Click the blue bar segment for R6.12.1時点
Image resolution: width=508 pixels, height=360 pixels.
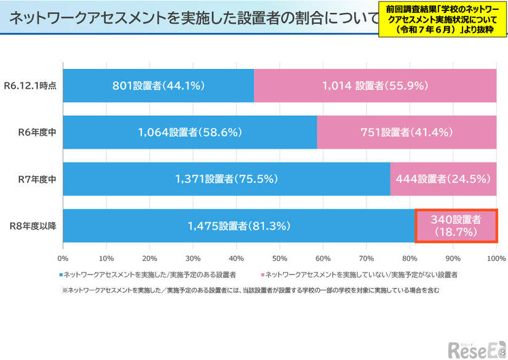click(158, 86)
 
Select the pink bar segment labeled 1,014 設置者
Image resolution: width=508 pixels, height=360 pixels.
click(375, 86)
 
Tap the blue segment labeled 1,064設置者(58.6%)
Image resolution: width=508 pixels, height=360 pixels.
click(189, 132)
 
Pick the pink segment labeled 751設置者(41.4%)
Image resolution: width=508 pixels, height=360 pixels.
click(407, 132)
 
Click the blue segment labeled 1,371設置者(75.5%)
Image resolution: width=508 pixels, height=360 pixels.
click(226, 179)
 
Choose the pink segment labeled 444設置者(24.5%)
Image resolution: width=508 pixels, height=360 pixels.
click(443, 179)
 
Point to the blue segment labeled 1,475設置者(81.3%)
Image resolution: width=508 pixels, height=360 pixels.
click(239, 226)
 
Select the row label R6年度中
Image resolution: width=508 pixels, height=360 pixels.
click(39, 132)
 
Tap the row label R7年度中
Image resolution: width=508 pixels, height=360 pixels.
click(39, 179)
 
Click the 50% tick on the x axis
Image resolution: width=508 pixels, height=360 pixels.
click(279, 258)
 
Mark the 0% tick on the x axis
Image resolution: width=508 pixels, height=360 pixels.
click(63, 258)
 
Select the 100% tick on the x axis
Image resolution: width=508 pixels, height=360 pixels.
click(495, 258)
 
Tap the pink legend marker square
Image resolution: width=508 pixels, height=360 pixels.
click(263, 273)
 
